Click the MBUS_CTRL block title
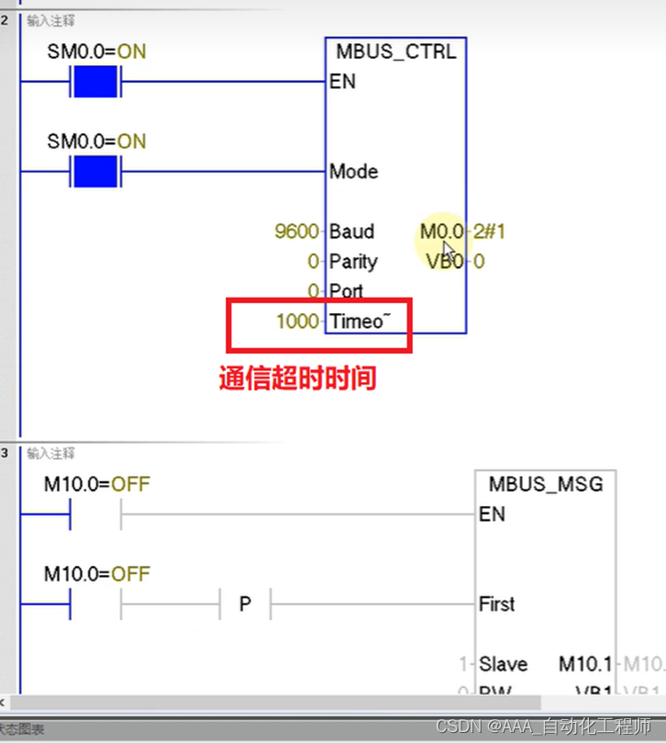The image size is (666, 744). tap(395, 51)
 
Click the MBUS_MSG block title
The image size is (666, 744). tap(546, 483)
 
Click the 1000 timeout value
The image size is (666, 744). tap(296, 321)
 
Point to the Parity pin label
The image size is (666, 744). tap(353, 262)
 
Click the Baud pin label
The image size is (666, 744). tap(351, 231)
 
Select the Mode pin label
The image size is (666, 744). tap(353, 172)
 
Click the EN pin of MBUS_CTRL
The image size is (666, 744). tap(342, 82)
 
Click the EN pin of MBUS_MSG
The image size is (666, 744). tap(492, 513)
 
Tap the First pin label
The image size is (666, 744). tap(496, 603)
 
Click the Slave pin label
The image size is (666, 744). tap(503, 664)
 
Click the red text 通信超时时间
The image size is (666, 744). tap(297, 378)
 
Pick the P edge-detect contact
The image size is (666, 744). tap(245, 604)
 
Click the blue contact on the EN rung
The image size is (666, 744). tap(95, 83)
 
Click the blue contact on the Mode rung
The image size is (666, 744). tap(95, 172)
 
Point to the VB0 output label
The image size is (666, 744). tap(446, 262)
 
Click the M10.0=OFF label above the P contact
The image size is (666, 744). tap(96, 574)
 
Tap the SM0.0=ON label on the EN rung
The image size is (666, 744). tap(96, 51)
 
